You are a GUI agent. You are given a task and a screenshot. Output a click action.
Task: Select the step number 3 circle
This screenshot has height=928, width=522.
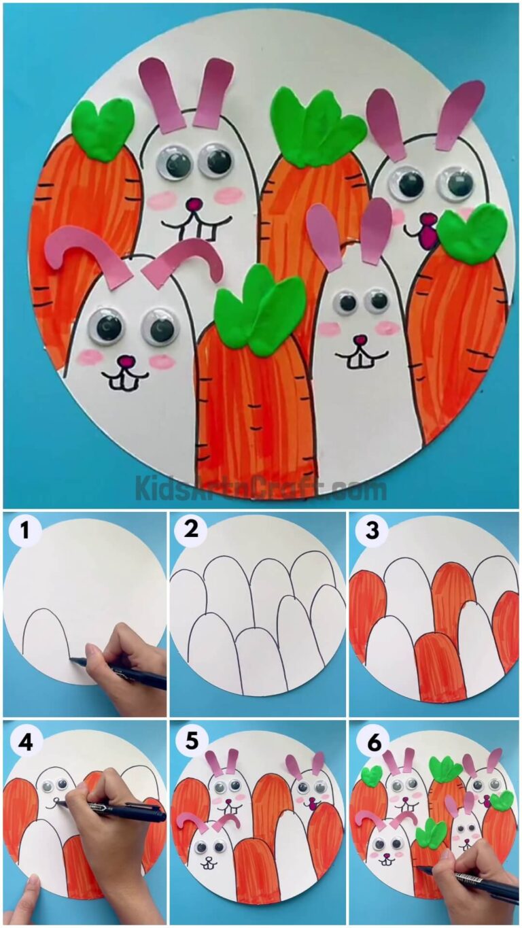[371, 531]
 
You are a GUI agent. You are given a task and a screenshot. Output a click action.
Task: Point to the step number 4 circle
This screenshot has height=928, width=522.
[24, 742]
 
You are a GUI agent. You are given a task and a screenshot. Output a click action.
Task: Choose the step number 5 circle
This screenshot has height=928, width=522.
[192, 742]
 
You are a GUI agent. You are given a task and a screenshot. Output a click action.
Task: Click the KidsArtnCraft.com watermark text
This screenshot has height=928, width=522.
[261, 488]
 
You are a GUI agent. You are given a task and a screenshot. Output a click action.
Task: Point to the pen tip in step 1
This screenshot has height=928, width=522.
[73, 659]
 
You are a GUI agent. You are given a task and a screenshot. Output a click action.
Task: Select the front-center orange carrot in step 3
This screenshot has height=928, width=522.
[440, 666]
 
